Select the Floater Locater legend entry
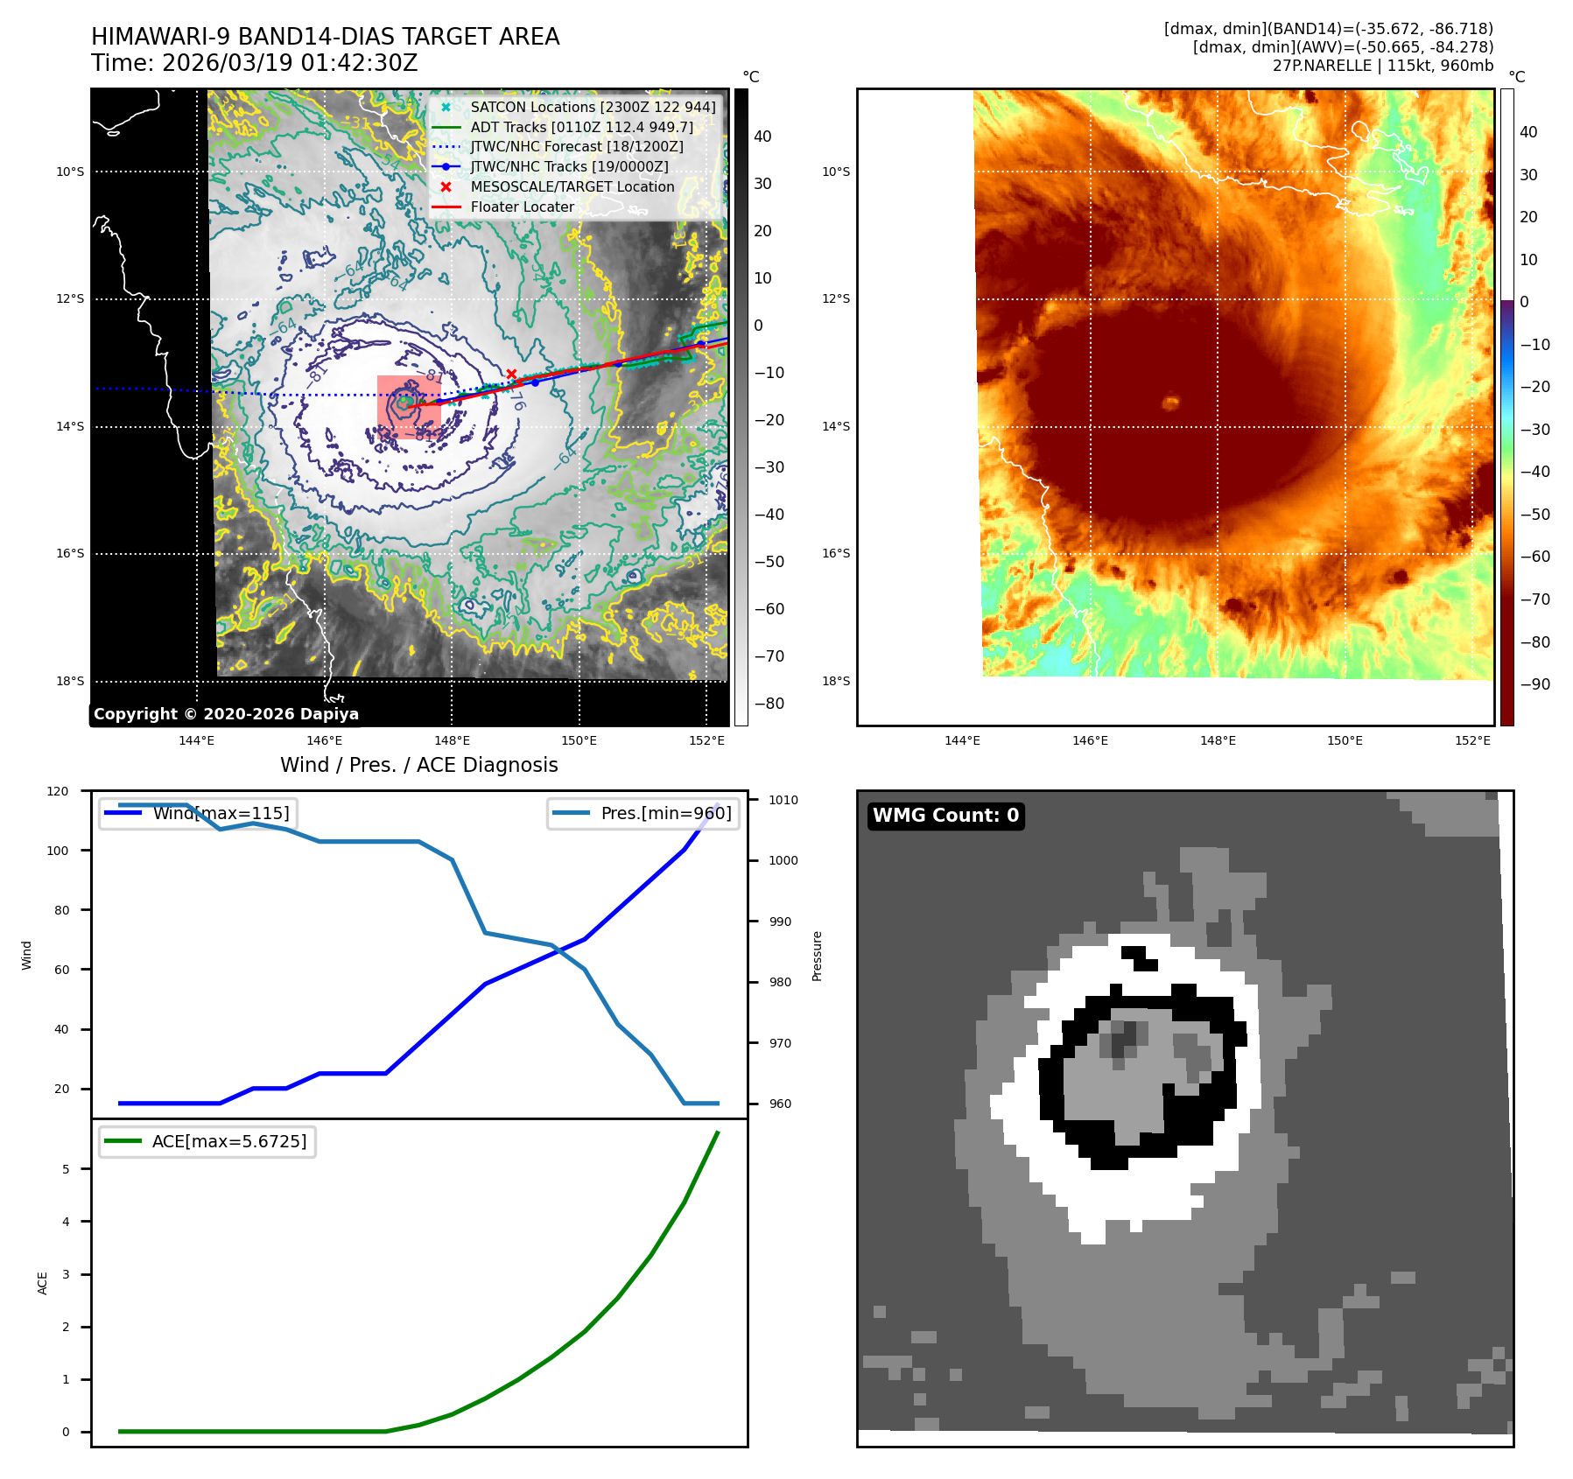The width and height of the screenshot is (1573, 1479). point(522,207)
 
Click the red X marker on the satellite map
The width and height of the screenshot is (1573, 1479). point(511,375)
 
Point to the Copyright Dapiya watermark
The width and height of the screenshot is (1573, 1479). point(226,714)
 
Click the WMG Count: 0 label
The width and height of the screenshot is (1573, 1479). point(945,816)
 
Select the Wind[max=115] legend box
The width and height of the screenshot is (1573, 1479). point(198,813)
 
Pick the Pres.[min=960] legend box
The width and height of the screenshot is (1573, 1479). point(643,813)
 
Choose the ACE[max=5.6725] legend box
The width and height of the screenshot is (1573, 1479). point(207,1141)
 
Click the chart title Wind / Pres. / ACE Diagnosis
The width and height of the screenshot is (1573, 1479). point(418,765)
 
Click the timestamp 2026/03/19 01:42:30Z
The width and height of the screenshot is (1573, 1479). point(290,64)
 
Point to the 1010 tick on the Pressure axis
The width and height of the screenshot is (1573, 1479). point(783,800)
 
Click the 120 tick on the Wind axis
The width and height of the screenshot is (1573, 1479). point(58,791)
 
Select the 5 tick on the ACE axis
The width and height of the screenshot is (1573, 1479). point(66,1169)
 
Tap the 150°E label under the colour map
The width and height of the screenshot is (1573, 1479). point(1345,740)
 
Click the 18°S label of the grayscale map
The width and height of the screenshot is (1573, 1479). point(70,681)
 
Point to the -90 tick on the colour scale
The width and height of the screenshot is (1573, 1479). point(1534,684)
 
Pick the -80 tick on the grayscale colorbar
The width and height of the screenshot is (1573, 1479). point(769,704)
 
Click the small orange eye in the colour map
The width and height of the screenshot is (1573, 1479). point(1170,403)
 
